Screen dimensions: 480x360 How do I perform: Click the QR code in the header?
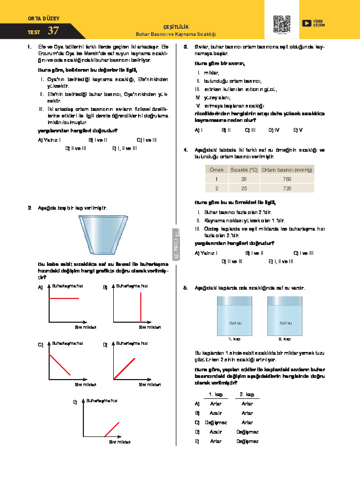(282, 23)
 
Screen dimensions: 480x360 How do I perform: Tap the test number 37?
(54, 31)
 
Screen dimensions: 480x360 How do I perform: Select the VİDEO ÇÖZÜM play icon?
(306, 23)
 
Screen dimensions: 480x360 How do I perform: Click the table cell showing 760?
(286, 179)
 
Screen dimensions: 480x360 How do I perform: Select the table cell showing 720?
(286, 189)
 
